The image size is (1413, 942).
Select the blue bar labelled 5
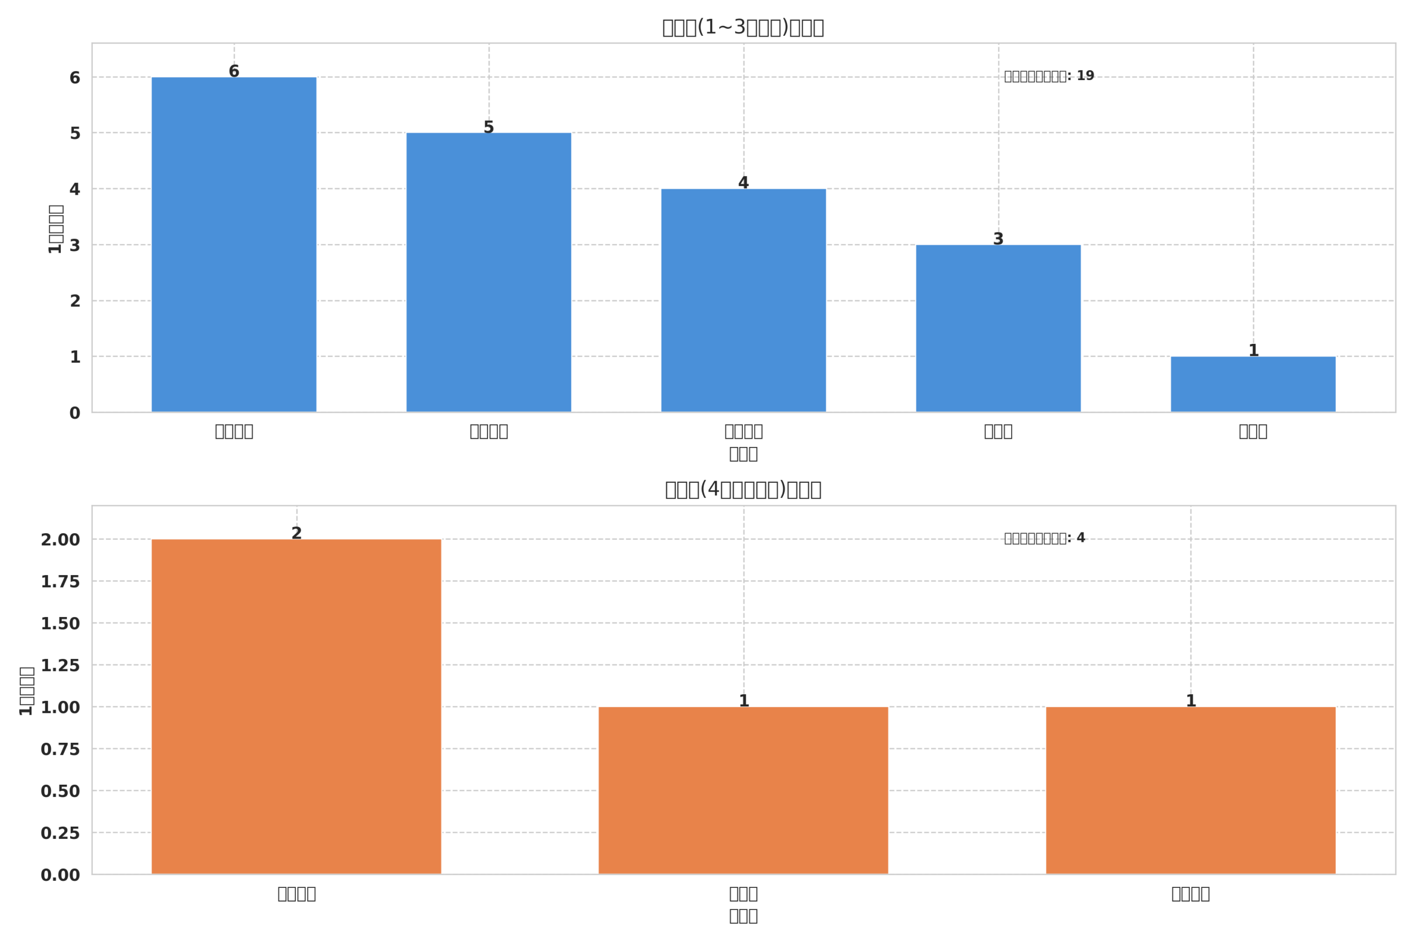coord(488,272)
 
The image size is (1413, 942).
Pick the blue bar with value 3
coord(998,328)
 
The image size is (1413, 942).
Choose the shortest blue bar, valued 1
coord(1252,384)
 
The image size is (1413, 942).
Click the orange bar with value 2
coord(296,706)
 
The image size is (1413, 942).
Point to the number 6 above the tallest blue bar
coord(233,72)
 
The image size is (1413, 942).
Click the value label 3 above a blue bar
coord(998,239)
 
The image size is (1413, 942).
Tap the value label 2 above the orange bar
coord(296,534)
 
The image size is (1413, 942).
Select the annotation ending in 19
coord(1049,76)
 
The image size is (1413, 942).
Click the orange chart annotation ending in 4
coord(1044,538)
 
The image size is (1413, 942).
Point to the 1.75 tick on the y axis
coord(60,582)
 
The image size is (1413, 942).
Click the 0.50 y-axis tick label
coord(60,792)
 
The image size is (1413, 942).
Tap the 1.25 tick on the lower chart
coord(60,666)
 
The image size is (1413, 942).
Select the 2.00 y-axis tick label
coord(60,540)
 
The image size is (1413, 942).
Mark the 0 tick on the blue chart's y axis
coord(75,413)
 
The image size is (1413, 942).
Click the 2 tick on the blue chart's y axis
coord(75,302)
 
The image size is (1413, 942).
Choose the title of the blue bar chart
coord(742,28)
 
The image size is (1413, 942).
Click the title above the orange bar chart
coord(742,489)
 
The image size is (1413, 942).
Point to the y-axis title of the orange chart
coord(26,691)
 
